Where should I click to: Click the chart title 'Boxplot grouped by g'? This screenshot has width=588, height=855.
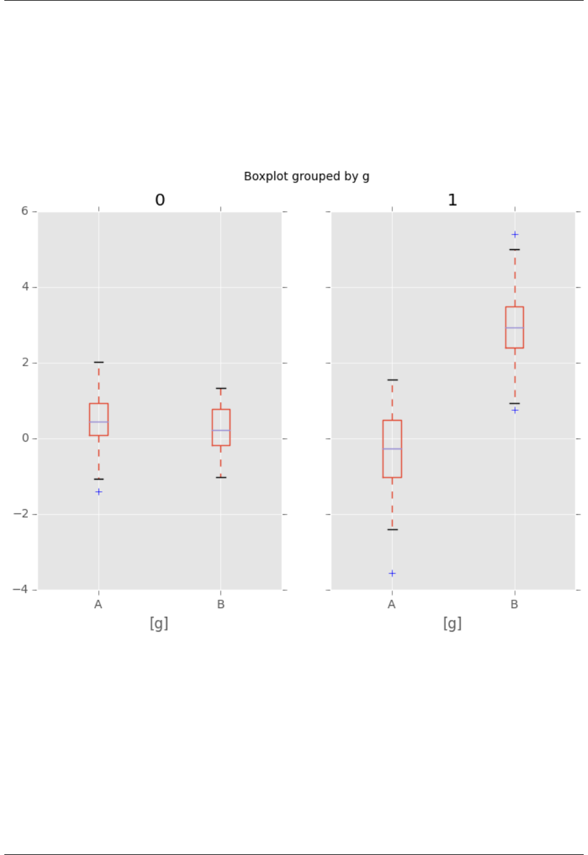[x=306, y=176]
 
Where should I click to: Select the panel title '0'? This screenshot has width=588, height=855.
[x=160, y=200]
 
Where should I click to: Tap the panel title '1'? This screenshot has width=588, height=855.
[x=452, y=200]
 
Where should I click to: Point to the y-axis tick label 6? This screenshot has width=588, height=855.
[x=25, y=211]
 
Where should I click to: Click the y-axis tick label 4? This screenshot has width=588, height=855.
[x=25, y=287]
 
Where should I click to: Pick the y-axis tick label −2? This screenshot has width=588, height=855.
[x=22, y=514]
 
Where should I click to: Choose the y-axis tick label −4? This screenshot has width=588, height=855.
[x=22, y=590]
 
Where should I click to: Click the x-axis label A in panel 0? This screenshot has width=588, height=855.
[x=98, y=604]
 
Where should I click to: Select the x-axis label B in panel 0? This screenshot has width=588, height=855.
[x=221, y=604]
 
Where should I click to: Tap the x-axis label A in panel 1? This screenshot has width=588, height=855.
[x=392, y=604]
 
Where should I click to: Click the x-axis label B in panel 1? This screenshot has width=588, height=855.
[x=514, y=604]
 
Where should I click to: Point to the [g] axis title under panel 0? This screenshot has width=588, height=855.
[x=159, y=623]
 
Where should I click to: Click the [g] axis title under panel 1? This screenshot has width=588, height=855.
[x=452, y=623]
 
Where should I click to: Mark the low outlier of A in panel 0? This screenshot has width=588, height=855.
[x=98, y=492]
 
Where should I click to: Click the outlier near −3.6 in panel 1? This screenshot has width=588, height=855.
[x=392, y=574]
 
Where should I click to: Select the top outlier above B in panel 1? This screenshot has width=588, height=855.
[x=514, y=234]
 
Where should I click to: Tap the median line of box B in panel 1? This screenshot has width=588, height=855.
[x=514, y=327]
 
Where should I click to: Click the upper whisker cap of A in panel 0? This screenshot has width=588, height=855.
[x=98, y=362]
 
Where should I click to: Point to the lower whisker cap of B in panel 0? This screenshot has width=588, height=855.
[x=221, y=477]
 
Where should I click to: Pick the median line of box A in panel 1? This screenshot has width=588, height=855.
[x=392, y=449]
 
